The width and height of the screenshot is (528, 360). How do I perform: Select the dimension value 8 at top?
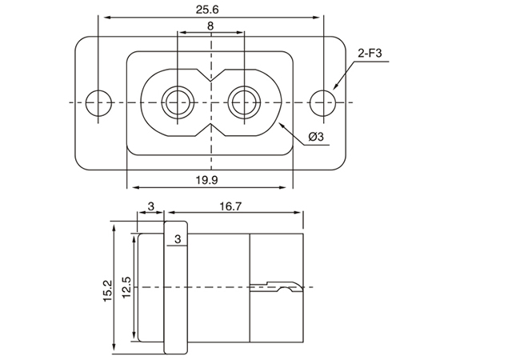pos(210,26)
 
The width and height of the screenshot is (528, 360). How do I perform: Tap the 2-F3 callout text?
pos(370,54)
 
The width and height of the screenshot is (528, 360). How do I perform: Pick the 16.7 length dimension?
pos(229,206)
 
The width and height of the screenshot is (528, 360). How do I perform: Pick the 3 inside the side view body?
pos(177,238)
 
